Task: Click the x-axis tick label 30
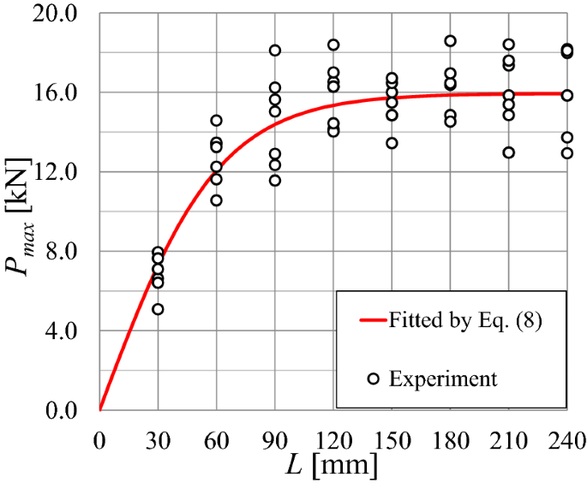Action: [x=158, y=442]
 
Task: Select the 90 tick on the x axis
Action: [x=275, y=442]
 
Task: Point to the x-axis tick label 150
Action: [x=392, y=442]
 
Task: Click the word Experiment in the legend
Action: [x=443, y=378]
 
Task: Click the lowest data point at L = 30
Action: [x=158, y=309]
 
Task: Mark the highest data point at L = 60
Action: [x=216, y=121]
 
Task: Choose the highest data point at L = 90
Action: [x=275, y=51]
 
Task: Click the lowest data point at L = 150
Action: [x=392, y=143]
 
